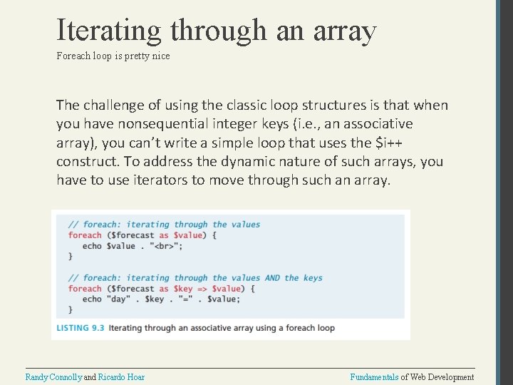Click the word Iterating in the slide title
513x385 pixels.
pos(110,30)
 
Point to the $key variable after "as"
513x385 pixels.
pos(184,289)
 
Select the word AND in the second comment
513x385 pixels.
pos(272,278)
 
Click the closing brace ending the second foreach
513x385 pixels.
pos(71,309)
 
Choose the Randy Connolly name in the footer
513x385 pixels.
pos(53,376)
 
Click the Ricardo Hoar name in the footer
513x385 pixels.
pos(121,376)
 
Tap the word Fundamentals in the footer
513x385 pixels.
pos(374,376)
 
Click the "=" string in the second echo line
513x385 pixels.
pos(186,299)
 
